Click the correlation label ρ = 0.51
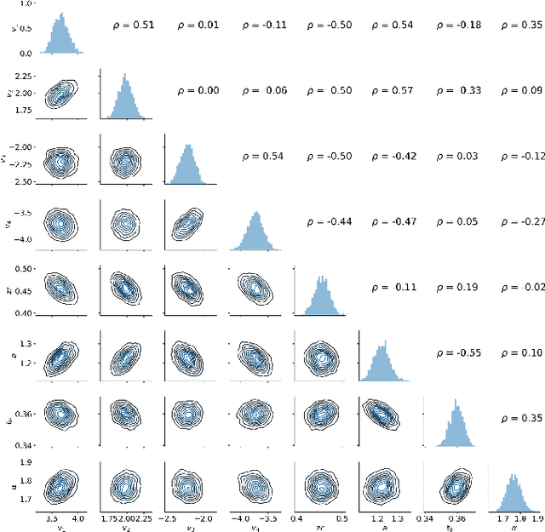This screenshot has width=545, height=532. (134, 26)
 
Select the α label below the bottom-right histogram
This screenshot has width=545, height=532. (514, 528)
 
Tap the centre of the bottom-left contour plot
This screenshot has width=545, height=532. (60, 486)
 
